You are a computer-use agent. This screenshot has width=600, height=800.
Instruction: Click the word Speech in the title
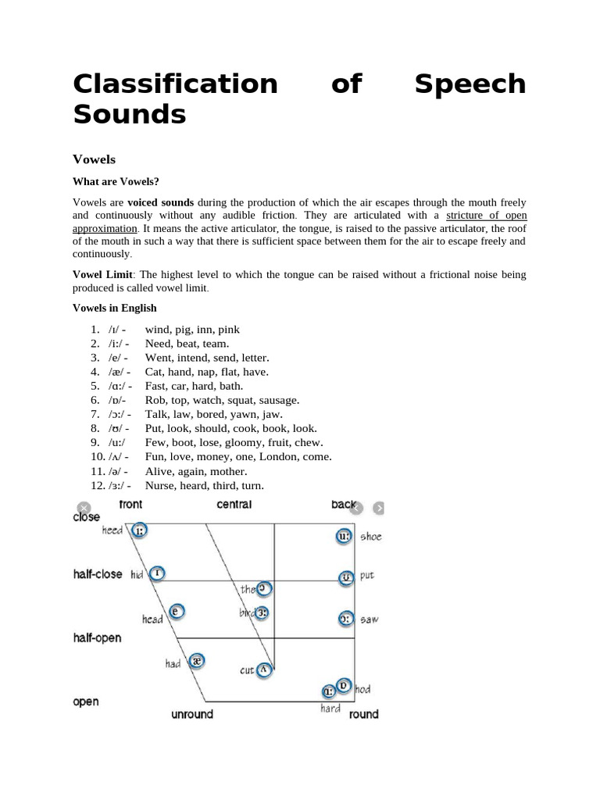[470, 84]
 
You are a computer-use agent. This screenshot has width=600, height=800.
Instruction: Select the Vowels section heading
[94, 159]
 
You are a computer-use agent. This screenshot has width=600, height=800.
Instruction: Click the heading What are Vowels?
[116, 182]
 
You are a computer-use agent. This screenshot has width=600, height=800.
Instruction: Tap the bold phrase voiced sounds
[166, 202]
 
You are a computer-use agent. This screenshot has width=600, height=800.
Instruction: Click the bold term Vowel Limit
[103, 275]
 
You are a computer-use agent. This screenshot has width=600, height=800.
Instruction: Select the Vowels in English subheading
[115, 308]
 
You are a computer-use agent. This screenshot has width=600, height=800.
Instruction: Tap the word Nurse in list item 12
[161, 486]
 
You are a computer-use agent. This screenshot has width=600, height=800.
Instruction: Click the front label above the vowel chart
[130, 505]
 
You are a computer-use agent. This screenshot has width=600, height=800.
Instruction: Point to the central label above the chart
[234, 505]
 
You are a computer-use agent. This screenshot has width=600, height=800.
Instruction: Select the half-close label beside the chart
[98, 574]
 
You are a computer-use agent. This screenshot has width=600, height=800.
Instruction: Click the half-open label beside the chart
[97, 638]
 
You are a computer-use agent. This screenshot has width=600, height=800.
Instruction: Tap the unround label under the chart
[192, 714]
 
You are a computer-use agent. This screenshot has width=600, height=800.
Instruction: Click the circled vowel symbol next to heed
[138, 531]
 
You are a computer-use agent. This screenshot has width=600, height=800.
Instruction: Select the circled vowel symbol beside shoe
[345, 537]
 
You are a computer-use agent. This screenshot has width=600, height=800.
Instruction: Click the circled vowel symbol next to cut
[264, 669]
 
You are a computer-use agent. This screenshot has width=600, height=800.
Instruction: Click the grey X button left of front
[84, 508]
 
